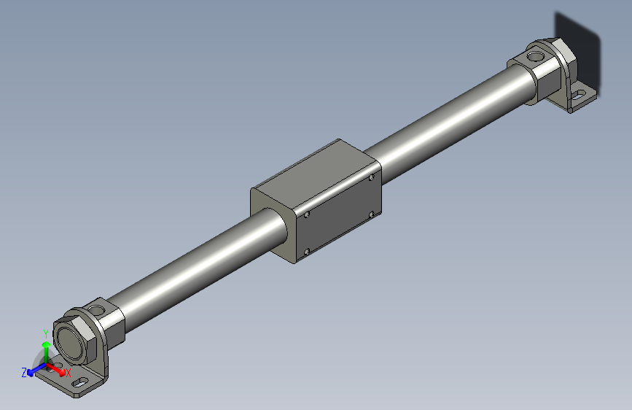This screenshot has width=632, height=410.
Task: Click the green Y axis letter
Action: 45,333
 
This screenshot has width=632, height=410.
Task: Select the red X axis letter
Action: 68,373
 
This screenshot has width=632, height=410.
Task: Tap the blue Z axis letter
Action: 24,372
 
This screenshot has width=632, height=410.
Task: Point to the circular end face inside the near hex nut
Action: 69,342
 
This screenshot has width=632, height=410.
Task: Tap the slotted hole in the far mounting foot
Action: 580,93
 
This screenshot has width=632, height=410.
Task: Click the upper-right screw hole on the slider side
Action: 371,177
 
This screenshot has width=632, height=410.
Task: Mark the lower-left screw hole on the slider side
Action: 306,252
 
